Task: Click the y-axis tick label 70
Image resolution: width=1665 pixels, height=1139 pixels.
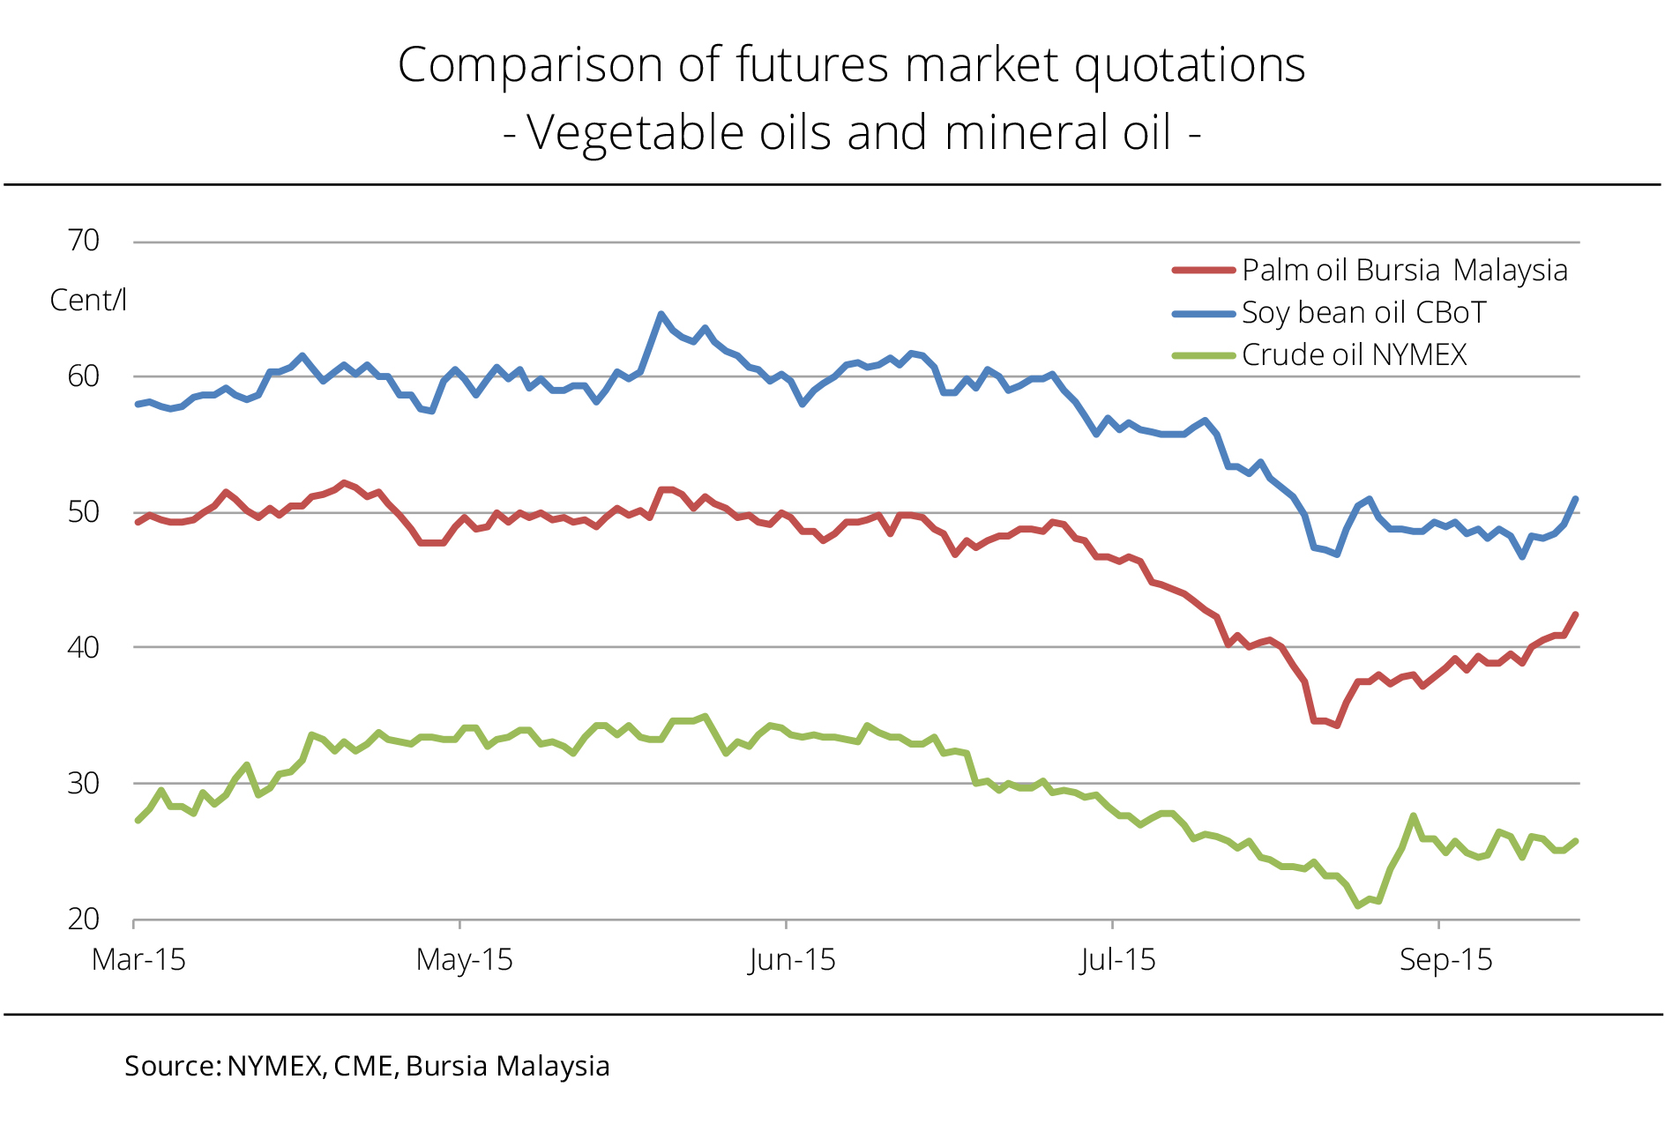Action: [84, 241]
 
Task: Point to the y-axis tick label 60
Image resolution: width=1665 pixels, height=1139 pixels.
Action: [84, 376]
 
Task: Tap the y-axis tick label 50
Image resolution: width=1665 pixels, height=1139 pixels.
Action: [84, 512]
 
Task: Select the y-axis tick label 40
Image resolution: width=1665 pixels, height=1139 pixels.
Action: [84, 648]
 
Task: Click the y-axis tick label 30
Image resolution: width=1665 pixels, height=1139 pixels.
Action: [84, 784]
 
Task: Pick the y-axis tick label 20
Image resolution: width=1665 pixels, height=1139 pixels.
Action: [84, 919]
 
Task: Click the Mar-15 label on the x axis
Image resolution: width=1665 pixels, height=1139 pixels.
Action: [138, 960]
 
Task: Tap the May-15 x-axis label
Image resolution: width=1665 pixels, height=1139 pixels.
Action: [465, 960]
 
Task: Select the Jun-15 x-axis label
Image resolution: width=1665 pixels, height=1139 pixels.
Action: [791, 960]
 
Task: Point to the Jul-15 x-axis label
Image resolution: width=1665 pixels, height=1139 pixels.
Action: [1117, 960]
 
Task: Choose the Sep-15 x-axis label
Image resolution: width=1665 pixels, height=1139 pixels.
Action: [1445, 960]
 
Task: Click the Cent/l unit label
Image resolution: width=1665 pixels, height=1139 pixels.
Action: [88, 301]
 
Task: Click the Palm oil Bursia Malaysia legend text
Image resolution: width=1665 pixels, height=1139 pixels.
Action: [1404, 271]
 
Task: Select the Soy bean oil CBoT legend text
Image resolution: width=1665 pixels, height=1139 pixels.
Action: [1363, 313]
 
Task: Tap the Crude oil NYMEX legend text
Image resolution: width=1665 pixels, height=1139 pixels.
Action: [1354, 355]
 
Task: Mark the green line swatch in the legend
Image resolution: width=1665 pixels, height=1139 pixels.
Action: [1203, 355]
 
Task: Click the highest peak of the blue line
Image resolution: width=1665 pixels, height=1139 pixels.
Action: [661, 314]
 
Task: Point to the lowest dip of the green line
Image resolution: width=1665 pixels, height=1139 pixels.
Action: [1358, 905]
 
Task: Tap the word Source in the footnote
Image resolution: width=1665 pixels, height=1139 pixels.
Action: [171, 1066]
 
